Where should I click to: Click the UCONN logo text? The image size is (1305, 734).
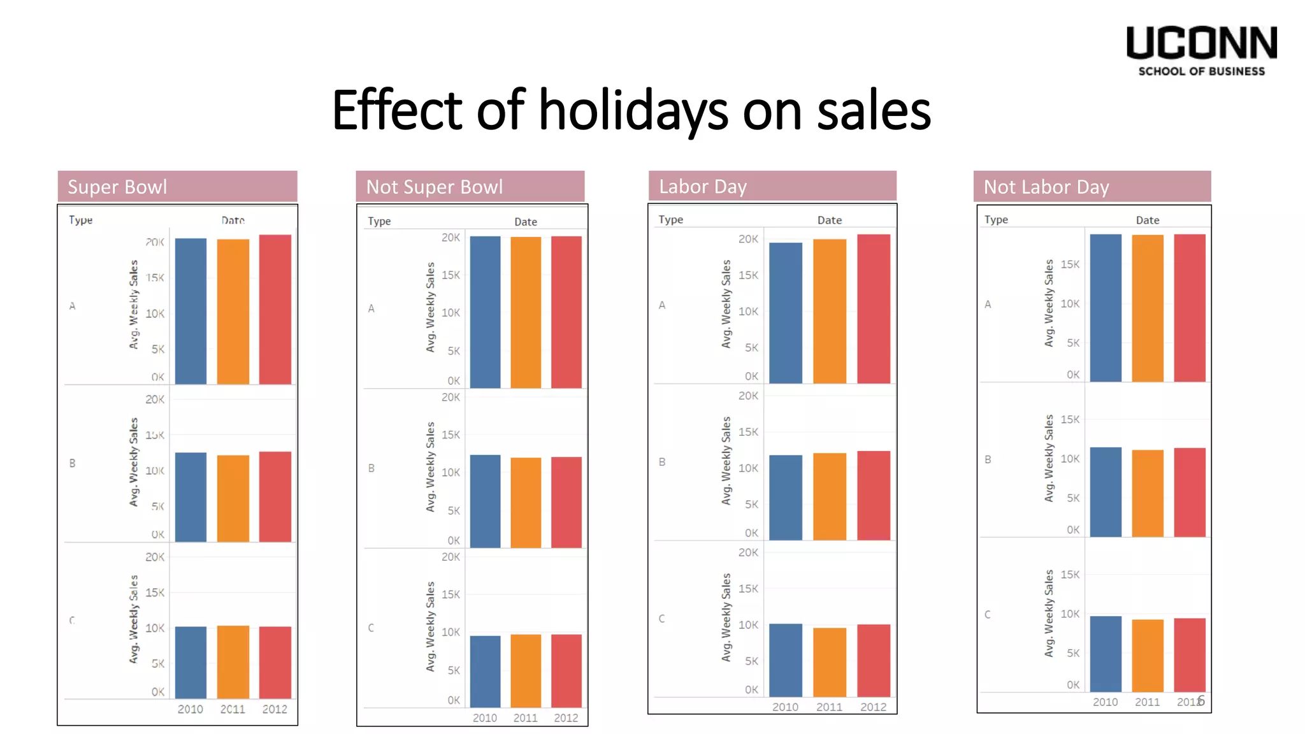pos(1201,43)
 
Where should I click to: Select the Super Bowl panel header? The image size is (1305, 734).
pos(177,187)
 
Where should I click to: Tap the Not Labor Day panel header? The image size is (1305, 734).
pos(1092,187)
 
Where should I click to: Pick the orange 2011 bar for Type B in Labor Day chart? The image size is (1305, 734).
pos(829,496)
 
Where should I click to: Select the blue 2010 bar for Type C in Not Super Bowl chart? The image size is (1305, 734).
pos(485,671)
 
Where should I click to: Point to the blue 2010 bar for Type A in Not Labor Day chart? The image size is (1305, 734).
pos(1105,308)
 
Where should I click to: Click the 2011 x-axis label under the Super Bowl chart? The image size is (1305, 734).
pos(233,709)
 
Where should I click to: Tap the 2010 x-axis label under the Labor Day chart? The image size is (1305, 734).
pos(785,707)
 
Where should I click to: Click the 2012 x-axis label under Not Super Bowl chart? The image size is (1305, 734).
pos(566,717)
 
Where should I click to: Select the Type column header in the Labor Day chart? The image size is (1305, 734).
pos(670,219)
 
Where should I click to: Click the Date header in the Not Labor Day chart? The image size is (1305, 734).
pos(1147,220)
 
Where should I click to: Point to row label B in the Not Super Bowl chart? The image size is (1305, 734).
pos(371,468)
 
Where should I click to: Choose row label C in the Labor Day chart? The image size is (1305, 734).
pos(661,618)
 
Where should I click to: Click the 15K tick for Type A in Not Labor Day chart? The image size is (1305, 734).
pos(1070,264)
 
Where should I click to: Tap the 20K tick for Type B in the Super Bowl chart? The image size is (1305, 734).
pos(155,399)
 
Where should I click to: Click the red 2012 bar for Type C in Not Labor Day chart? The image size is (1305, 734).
pos(1189,654)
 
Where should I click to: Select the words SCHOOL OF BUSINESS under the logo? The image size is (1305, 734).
pos(1201,71)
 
